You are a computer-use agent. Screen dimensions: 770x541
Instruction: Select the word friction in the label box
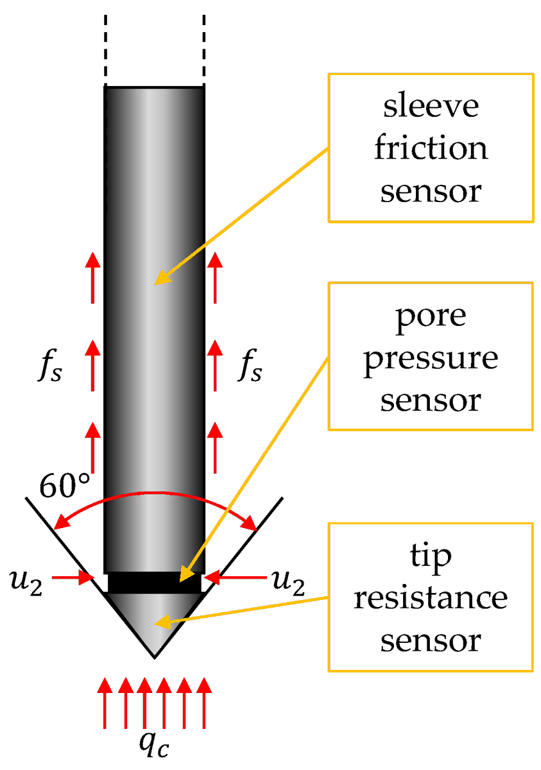[431, 148]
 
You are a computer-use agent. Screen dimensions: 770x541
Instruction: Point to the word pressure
[431, 358]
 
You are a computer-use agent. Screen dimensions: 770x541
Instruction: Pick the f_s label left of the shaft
[50, 370]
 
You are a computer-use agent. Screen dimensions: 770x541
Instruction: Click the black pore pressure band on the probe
[154, 582]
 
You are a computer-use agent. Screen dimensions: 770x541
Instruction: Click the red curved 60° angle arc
[154, 494]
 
